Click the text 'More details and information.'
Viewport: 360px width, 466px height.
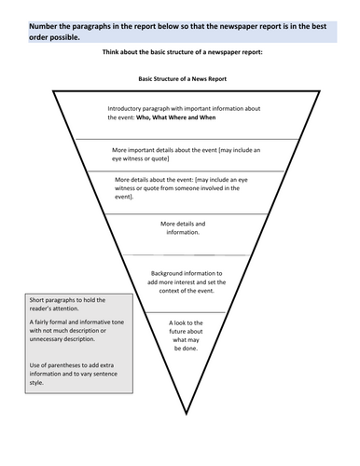[182, 229]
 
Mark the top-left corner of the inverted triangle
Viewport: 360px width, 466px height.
[53, 92]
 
